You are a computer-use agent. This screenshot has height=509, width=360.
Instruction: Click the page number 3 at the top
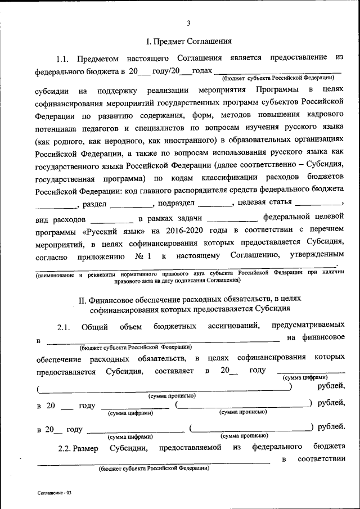point(188,23)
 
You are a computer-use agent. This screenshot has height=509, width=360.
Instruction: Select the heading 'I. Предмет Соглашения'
point(188,41)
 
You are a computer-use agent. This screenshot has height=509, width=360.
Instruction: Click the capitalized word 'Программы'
point(272,90)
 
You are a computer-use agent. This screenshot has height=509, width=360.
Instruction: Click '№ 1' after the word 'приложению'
point(143,257)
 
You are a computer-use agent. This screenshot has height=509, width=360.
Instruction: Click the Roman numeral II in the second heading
point(82,298)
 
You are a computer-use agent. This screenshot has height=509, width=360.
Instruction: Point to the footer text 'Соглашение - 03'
point(55,493)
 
